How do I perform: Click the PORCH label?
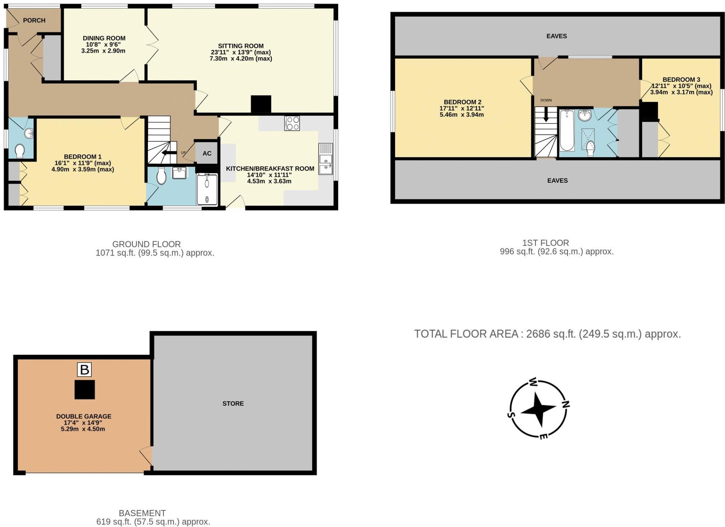click(34, 21)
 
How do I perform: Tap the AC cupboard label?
click(207, 153)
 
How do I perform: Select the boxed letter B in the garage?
click(84, 370)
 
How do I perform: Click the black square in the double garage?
click(85, 390)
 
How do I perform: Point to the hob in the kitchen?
click(292, 123)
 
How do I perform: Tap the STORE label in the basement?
click(233, 403)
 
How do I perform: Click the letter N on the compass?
click(565, 404)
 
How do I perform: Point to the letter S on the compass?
click(510, 415)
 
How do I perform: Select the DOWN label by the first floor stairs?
click(546, 100)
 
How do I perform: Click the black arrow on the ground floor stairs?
click(169, 153)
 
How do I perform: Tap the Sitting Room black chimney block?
click(261, 104)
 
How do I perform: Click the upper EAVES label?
click(556, 36)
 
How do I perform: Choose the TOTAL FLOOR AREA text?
click(547, 334)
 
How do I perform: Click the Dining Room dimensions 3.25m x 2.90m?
click(104, 51)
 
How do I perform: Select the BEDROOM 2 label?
click(462, 102)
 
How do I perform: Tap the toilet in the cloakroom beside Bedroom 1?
click(20, 151)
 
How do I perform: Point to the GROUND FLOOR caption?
click(147, 244)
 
